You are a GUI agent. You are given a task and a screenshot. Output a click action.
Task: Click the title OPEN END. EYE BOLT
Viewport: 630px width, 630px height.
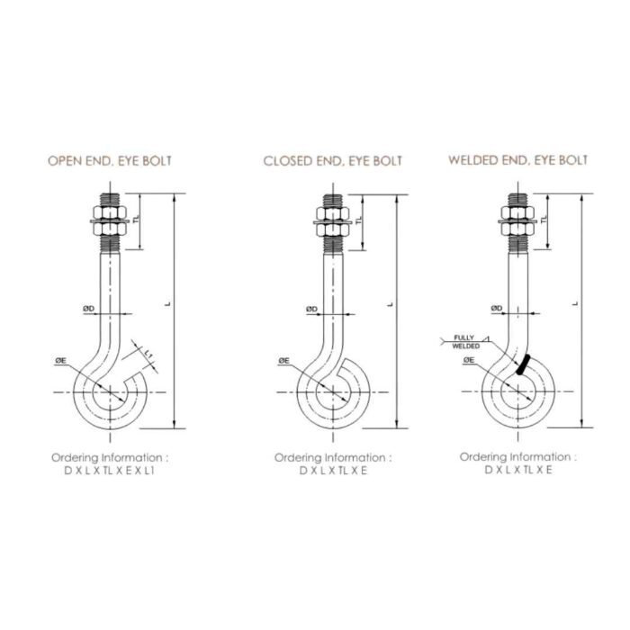[109, 161]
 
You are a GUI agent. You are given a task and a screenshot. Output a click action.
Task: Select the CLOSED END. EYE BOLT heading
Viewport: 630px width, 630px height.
[333, 161]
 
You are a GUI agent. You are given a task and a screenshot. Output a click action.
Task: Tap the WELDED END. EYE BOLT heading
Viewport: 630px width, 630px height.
[517, 160]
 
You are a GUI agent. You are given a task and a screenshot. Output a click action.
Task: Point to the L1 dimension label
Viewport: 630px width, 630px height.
[148, 354]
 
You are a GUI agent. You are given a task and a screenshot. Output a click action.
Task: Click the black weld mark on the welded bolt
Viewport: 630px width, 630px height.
[523, 364]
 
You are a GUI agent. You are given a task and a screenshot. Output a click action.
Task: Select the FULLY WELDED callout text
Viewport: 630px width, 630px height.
[465, 342]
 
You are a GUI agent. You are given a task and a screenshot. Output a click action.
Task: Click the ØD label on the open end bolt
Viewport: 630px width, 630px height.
[89, 309]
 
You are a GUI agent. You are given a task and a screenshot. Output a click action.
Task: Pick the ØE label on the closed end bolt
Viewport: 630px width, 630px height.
[283, 361]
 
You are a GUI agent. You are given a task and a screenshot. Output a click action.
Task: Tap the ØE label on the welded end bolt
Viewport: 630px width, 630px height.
[469, 360]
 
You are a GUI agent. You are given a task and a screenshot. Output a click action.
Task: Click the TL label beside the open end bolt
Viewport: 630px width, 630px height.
[137, 219]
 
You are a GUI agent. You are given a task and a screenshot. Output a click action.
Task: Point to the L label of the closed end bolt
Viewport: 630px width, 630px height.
[390, 304]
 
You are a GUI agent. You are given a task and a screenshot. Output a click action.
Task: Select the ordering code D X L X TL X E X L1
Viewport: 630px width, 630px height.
[109, 471]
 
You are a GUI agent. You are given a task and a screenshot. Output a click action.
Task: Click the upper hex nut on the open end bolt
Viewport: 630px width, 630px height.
[110, 212]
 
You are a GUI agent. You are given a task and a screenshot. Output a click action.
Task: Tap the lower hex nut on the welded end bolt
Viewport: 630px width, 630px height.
[517, 229]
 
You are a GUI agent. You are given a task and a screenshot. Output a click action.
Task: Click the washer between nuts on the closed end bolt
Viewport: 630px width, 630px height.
[333, 222]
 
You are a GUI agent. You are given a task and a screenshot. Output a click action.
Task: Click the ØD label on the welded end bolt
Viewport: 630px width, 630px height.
[497, 308]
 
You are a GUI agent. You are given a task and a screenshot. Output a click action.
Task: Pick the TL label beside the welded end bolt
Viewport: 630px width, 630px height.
[544, 220]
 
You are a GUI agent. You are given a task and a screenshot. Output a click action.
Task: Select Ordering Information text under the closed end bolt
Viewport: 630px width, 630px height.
[333, 457]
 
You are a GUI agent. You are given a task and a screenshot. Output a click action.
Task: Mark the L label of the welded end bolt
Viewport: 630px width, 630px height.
[575, 303]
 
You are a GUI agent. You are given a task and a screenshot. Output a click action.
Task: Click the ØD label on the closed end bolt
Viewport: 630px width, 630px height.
[311, 309]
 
